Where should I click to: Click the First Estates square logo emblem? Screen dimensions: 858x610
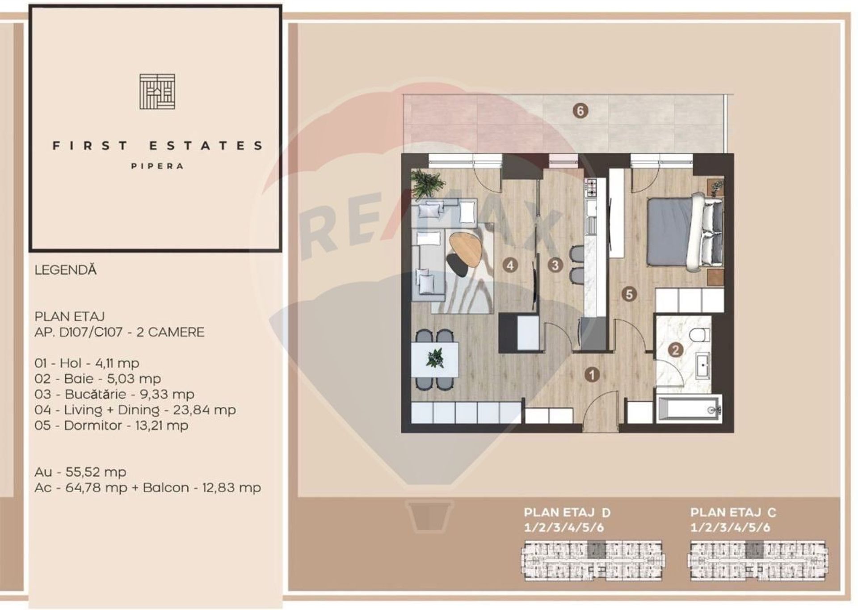pyautogui.click(x=157, y=92)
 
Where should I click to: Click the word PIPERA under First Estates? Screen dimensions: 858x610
pyautogui.click(x=157, y=166)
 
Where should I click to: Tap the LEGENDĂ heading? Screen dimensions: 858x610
pyautogui.click(x=66, y=270)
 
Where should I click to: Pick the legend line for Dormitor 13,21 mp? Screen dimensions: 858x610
pyautogui.click(x=111, y=425)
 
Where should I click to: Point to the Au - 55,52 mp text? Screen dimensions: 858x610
pyautogui.click(x=80, y=472)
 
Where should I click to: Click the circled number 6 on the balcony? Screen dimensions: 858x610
pyautogui.click(x=580, y=111)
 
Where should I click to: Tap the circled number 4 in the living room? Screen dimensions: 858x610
pyautogui.click(x=510, y=265)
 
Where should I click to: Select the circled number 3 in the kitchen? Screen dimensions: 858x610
pyautogui.click(x=555, y=265)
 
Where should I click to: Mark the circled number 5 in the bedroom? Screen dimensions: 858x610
pyautogui.click(x=629, y=294)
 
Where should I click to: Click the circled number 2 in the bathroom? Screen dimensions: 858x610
pyautogui.click(x=675, y=350)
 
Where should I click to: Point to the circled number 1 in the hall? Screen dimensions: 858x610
pyautogui.click(x=593, y=374)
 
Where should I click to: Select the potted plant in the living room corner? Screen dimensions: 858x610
pyautogui.click(x=427, y=183)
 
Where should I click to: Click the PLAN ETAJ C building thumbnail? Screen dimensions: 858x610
pyautogui.click(x=758, y=561)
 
